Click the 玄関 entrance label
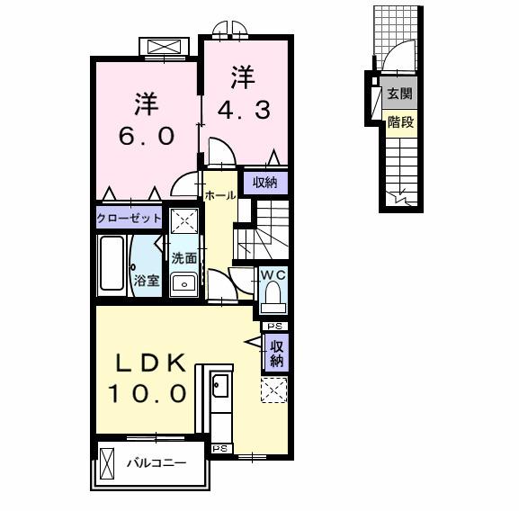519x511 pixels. click(400, 94)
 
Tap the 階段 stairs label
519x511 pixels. click(400, 122)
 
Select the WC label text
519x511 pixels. click(273, 274)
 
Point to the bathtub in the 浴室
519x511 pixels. click(112, 264)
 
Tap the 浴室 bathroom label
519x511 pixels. click(147, 281)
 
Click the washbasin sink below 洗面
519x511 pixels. click(184, 284)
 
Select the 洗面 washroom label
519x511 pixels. click(184, 258)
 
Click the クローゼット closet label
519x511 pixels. click(130, 218)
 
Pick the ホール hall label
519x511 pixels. click(220, 195)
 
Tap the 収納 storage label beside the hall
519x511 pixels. click(265, 183)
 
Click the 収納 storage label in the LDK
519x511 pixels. click(277, 354)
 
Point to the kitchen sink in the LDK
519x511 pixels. click(220, 385)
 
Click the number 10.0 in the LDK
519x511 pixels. click(148, 394)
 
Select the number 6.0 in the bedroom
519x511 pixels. click(147, 136)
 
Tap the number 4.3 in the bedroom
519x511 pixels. click(245, 110)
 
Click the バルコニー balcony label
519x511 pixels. click(157, 462)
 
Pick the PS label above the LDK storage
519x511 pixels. click(274, 327)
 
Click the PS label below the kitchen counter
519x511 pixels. click(220, 448)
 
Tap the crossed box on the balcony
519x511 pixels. click(107, 463)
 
